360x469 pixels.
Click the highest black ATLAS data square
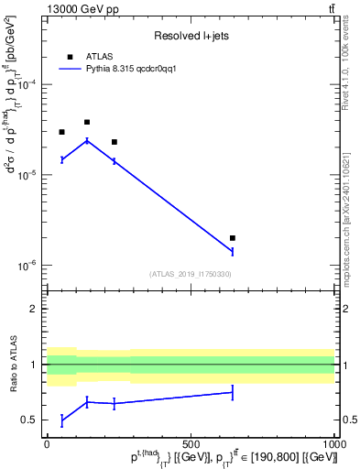pos(87,122)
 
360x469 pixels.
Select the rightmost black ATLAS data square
pos(233,238)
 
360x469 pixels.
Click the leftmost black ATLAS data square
pos(61,132)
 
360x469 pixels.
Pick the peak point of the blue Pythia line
pos(87,140)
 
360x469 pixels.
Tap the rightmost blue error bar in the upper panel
pos(233,251)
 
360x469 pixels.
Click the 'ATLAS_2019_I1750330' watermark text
pos(191,274)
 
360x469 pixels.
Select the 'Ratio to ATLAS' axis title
pos(14,365)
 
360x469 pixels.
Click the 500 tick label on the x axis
pos(191,443)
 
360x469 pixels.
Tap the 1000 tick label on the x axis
pos(333,443)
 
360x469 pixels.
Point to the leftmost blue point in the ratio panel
pos(61,420)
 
